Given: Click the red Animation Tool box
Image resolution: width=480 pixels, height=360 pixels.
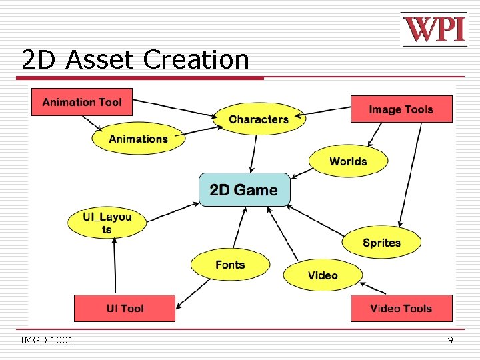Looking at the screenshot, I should pos(82,102).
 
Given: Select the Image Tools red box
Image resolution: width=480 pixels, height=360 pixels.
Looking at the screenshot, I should pos(401,109).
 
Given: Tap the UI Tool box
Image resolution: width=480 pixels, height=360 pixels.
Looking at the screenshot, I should pos(125,308).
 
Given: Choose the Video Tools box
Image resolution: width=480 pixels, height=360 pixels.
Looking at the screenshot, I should pos(401,308).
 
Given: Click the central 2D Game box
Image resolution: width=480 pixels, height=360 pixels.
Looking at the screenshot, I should pos(245,190).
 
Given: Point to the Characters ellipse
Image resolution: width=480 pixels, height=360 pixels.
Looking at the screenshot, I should pos(259,119).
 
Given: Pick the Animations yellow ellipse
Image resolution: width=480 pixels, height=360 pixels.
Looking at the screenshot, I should pos(138,139).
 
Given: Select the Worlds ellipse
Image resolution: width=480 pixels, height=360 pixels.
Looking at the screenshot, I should pos(348,161).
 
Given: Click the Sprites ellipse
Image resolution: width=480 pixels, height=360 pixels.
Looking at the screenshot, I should pos(381,243).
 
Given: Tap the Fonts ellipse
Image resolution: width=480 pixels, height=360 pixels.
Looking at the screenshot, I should pos(230,265).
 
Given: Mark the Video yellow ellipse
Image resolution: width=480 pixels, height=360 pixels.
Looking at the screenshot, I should pos(323,275).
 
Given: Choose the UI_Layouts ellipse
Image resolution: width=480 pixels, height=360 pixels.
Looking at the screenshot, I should pos(107,223).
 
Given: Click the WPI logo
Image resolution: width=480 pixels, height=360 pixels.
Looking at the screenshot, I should pos(434,30).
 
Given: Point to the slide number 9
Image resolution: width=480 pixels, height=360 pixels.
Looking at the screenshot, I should pos(450,341).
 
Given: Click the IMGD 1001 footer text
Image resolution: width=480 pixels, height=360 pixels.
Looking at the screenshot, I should pos(47,341).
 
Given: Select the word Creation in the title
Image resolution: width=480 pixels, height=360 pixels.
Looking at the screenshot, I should pos(195,60).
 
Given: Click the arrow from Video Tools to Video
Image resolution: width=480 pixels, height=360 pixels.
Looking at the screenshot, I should pos(373,288).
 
